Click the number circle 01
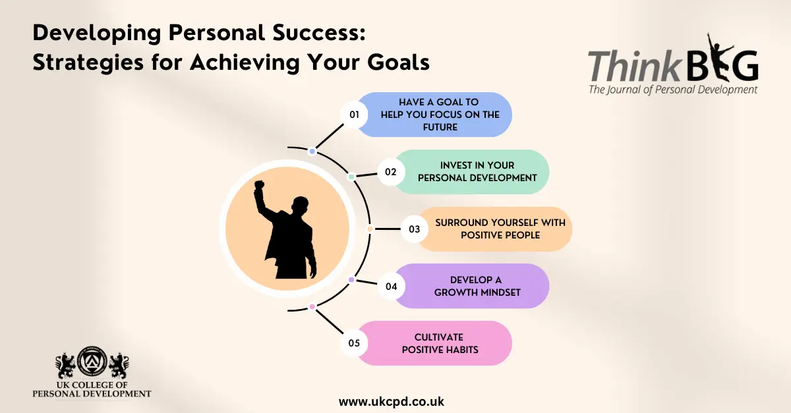click(x=354, y=115)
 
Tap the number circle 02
click(x=391, y=172)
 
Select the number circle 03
click(x=414, y=229)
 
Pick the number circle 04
click(x=391, y=287)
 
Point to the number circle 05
click(x=354, y=343)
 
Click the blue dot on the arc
click(x=312, y=151)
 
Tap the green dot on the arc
click(x=351, y=177)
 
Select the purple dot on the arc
click(x=351, y=280)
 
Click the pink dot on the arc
click(x=312, y=307)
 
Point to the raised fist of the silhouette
click(x=260, y=185)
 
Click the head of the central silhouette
click(x=301, y=205)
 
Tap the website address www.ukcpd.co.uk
click(x=392, y=402)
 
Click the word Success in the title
click(x=319, y=33)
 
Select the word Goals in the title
click(x=398, y=62)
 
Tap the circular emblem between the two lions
click(x=92, y=361)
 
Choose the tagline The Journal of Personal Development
click(x=673, y=90)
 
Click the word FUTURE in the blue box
click(x=440, y=127)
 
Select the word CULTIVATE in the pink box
click(x=439, y=337)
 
